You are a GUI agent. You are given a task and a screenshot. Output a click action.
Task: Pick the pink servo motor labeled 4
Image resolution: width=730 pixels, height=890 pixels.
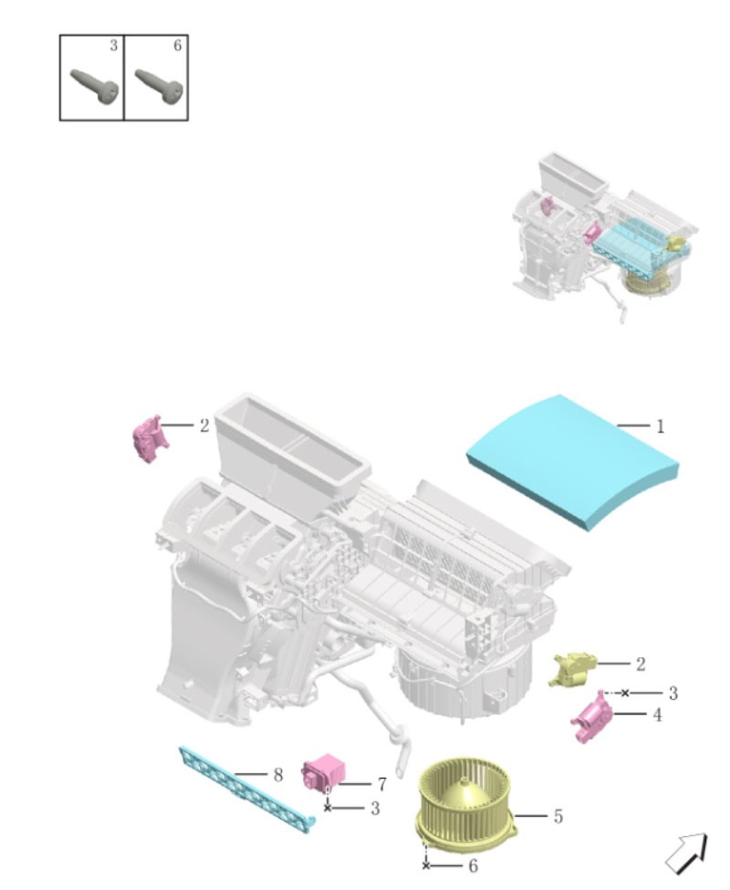coord(591,717)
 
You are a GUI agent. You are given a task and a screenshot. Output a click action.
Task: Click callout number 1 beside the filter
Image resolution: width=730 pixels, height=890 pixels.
coord(659,425)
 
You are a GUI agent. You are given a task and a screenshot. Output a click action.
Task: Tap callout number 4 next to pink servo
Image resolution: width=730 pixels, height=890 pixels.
coord(657,715)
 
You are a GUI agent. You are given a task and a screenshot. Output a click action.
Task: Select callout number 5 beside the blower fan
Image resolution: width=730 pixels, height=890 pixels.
coord(557,816)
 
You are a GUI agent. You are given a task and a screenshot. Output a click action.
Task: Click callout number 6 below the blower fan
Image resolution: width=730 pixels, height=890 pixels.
coord(472,865)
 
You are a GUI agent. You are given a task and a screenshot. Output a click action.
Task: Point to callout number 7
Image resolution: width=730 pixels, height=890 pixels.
coord(381,784)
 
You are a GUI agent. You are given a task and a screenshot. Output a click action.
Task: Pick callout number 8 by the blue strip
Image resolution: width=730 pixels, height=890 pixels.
coord(277,774)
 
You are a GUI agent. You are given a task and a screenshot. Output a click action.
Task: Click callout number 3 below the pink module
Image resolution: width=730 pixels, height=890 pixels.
coord(374,808)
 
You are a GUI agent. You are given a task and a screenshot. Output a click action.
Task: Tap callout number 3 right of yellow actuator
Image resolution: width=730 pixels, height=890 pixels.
coord(673,693)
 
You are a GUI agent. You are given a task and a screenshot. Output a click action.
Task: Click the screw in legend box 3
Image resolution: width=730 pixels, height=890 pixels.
coord(94,87)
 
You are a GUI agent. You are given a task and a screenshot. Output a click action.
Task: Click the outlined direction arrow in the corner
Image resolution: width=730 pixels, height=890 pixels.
coord(686,853)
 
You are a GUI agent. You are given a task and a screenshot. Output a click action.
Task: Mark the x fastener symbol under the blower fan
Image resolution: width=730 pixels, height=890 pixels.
coord(425,864)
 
